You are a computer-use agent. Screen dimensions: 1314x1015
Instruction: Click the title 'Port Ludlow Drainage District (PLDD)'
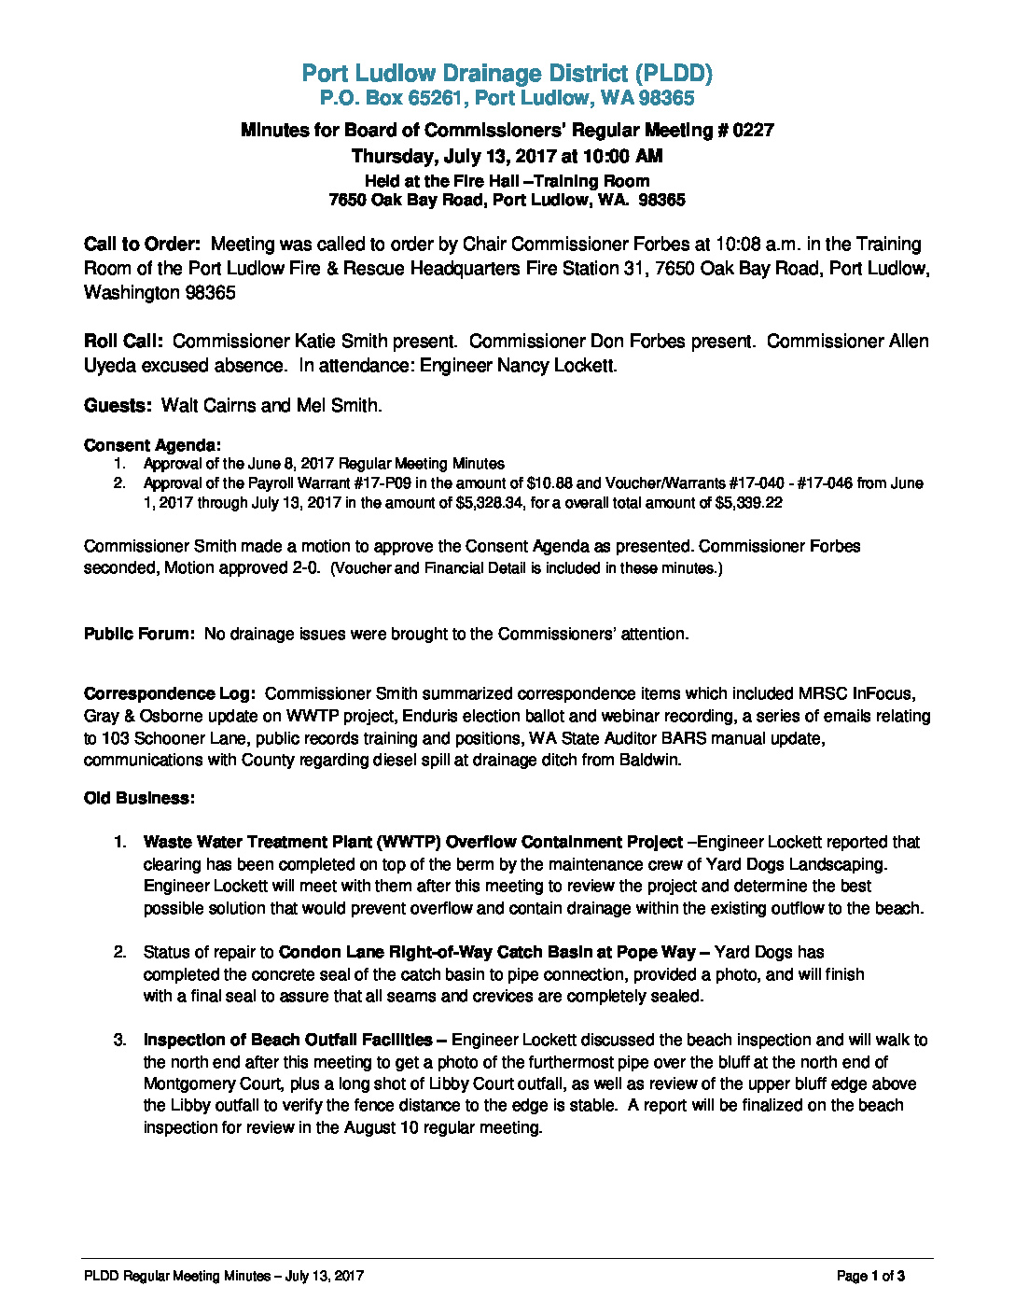(x=507, y=73)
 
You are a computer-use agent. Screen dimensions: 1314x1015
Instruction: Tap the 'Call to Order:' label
(x=142, y=245)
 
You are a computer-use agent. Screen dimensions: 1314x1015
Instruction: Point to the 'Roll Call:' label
(x=123, y=342)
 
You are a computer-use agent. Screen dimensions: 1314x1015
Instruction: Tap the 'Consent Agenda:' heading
(x=152, y=445)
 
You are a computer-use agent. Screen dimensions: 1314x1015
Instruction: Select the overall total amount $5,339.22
(x=748, y=503)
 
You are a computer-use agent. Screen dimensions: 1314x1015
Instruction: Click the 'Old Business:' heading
(x=139, y=798)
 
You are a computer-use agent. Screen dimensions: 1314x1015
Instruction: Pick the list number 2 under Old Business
(x=119, y=952)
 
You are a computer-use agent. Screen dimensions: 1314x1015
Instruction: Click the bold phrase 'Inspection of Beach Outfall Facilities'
(x=287, y=1040)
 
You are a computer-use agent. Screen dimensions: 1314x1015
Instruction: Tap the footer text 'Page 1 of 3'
(x=870, y=1276)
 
